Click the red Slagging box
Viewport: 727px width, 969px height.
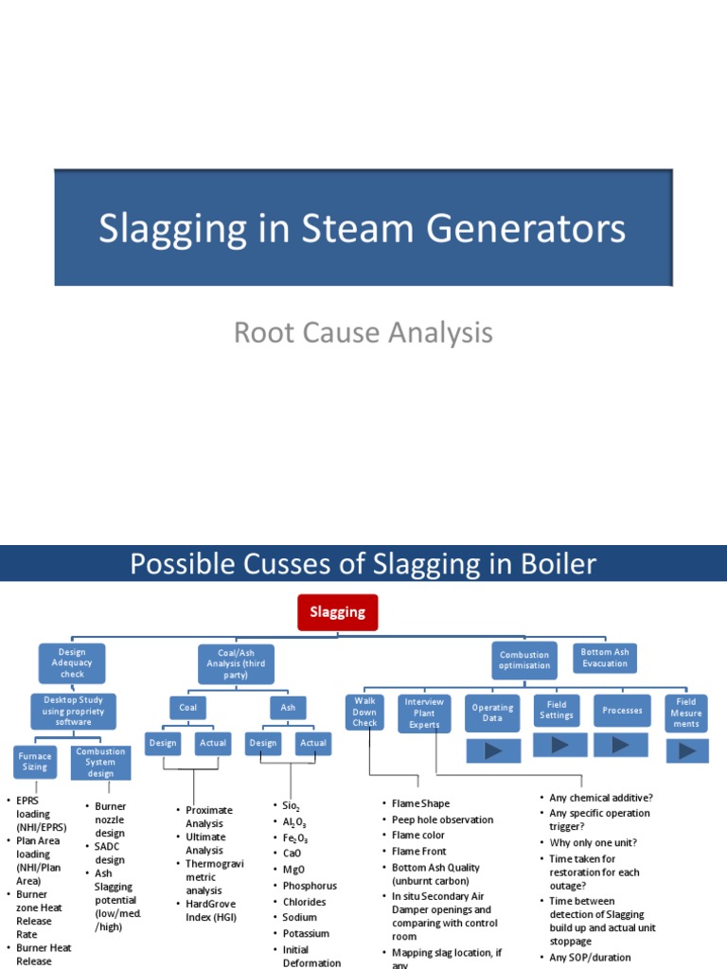pos(338,612)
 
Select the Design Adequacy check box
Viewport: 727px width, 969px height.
pos(72,663)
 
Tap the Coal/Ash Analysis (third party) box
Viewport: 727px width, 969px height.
pos(237,663)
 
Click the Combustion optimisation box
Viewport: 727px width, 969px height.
pos(524,660)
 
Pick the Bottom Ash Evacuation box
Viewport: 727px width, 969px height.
pos(605,658)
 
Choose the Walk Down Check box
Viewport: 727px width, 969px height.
pos(365,712)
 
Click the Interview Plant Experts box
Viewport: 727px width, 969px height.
pos(424,713)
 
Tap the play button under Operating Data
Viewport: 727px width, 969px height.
pos(493,751)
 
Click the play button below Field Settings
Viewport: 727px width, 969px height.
pos(559,745)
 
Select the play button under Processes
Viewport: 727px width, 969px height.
pos(622,745)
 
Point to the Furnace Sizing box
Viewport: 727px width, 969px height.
pos(35,761)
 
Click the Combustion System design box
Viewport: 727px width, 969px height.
pos(100,762)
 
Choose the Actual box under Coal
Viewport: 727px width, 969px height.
pos(213,743)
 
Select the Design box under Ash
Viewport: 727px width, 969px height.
pos(263,743)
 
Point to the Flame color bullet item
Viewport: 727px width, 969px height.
pos(418,836)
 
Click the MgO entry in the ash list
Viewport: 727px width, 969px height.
pos(293,870)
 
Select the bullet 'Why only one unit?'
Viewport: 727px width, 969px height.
pos(594,842)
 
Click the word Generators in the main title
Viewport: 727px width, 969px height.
pos(534,230)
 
